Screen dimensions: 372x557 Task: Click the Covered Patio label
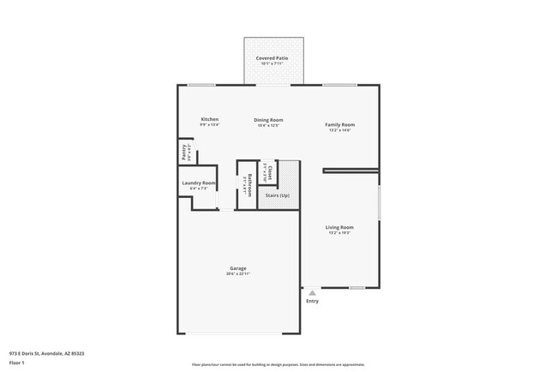[271, 57]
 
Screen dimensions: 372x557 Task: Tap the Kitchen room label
[210, 119]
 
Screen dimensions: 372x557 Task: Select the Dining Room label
[269, 120]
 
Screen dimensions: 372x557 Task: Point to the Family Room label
[339, 124]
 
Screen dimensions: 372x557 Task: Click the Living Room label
[339, 227]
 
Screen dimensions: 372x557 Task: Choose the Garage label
[238, 268]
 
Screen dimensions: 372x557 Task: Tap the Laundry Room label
[199, 183]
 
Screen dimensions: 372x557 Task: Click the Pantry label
[184, 153]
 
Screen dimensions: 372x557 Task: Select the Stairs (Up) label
[278, 195]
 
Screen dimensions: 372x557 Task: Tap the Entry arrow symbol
[312, 292]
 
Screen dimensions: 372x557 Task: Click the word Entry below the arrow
[312, 301]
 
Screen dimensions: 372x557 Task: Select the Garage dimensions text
[238, 274]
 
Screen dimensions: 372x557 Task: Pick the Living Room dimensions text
[339, 233]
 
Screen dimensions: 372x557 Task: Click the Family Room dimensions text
[339, 130]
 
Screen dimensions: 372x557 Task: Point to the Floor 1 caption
[18, 362]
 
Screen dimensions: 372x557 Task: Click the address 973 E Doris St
[46, 353]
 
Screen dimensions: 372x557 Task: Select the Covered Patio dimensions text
[271, 63]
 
